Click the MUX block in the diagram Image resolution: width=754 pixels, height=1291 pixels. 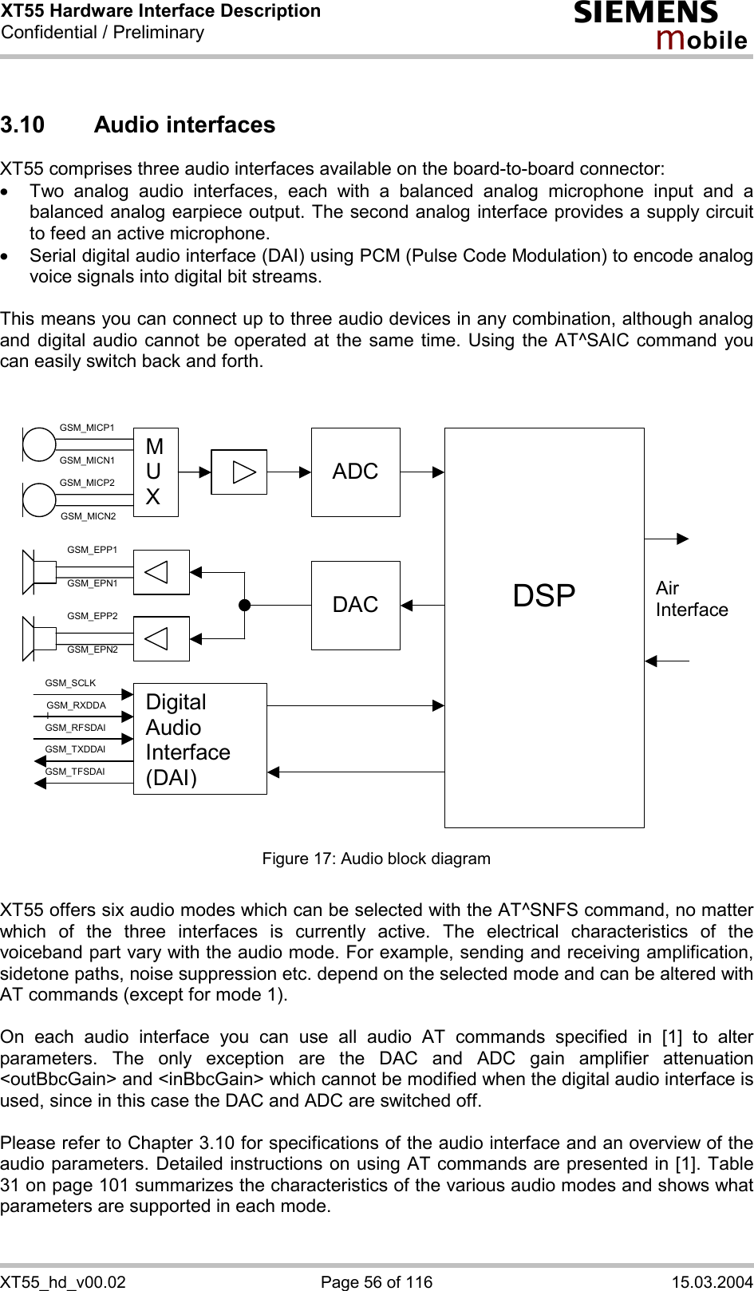pos(156,472)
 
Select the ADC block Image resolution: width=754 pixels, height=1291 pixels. pos(355,472)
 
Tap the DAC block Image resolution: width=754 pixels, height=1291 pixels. pos(355,605)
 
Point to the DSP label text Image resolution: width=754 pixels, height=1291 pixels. pos(544,596)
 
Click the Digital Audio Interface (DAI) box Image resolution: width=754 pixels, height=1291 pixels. pos(199,739)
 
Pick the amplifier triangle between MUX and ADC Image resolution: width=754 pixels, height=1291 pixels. pos(239,472)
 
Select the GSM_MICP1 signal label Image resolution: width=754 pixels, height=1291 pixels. pos(87,428)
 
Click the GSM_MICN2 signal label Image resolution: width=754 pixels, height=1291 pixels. pos(89,516)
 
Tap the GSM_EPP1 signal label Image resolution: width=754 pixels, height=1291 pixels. pos(93,550)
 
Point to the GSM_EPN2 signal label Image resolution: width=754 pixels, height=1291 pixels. pos(93,649)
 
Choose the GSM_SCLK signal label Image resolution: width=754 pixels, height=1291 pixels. pos(70,683)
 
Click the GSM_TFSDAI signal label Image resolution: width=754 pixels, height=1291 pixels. pos(75,772)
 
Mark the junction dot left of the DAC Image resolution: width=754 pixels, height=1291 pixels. pos(244,605)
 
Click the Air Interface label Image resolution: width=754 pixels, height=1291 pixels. pos(691,598)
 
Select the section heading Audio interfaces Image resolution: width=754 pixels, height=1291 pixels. pos(184,125)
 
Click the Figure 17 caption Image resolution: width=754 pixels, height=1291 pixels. pos(377,859)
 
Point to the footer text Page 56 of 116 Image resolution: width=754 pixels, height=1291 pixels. pos(377,1281)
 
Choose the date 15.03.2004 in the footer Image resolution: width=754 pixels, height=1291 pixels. pos(712,1281)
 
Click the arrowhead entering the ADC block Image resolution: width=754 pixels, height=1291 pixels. pos(306,472)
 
